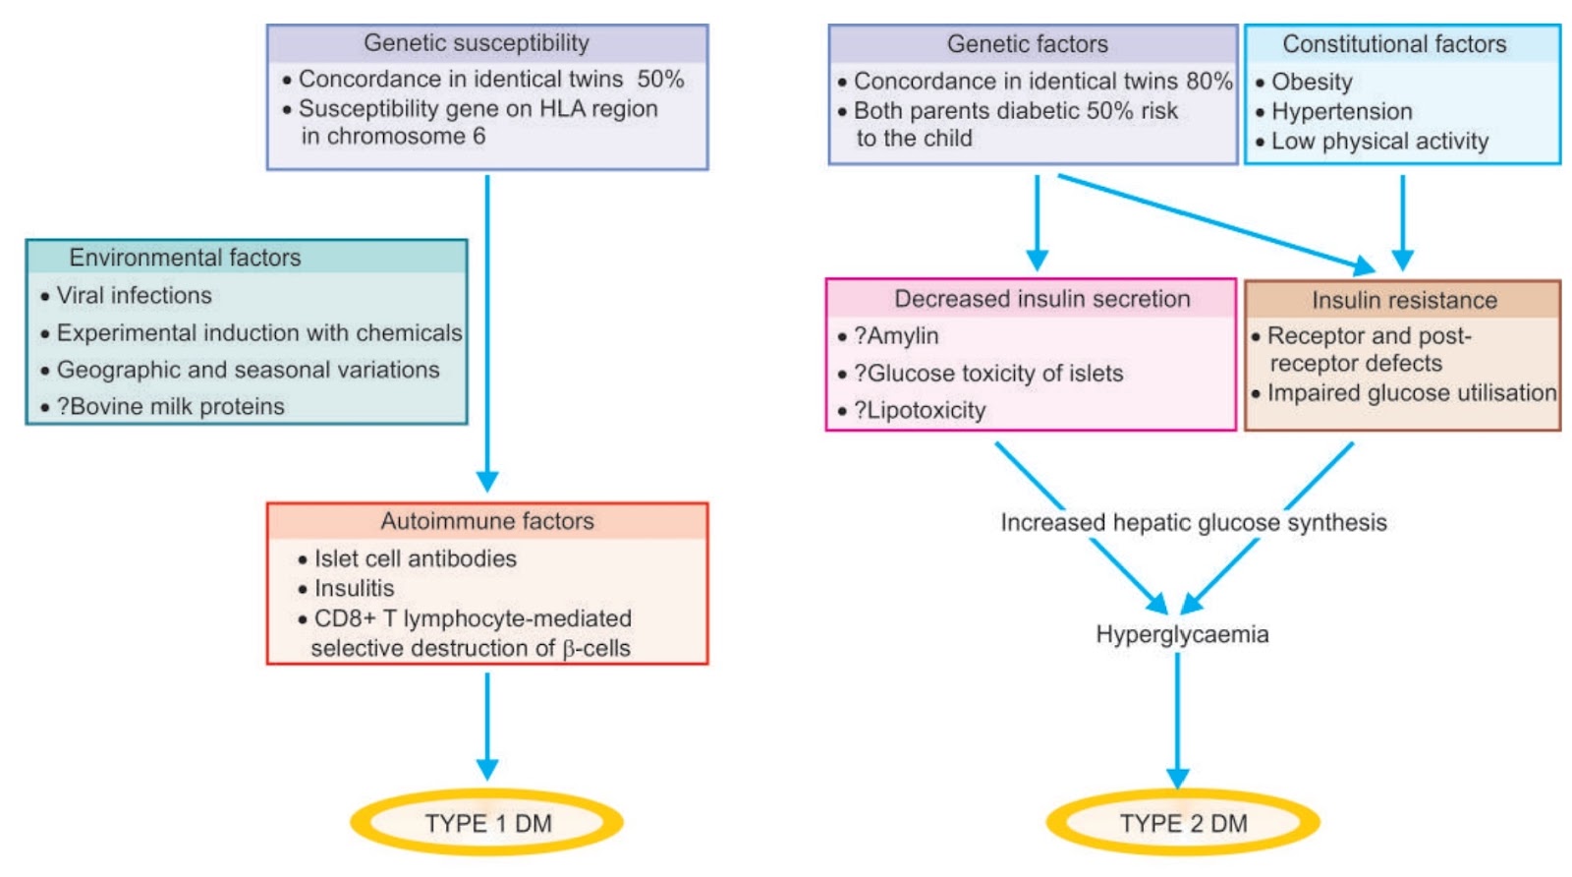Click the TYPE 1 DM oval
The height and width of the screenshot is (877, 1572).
point(487,823)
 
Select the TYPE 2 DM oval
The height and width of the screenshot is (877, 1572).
point(1183,823)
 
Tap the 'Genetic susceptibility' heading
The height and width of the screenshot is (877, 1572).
point(477,43)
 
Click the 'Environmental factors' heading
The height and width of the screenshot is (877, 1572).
point(185,258)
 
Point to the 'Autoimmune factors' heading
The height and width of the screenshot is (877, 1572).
point(487,521)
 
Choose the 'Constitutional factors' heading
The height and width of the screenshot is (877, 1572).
point(1394,44)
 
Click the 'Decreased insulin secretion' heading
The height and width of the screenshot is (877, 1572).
point(1041,299)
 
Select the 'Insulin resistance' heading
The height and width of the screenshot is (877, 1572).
point(1404,300)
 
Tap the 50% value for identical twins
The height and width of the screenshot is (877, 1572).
point(660,79)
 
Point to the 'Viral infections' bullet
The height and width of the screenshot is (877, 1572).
point(134,295)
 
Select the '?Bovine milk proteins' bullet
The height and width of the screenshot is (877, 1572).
point(170,406)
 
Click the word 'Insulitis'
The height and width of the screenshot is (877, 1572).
point(354,588)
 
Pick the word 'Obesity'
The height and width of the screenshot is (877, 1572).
point(1312,82)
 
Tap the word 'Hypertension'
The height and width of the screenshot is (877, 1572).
point(1342,111)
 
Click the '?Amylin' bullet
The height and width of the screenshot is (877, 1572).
point(896,336)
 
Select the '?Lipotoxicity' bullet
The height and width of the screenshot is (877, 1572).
point(920,410)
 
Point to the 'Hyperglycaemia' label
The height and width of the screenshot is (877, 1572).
point(1182,634)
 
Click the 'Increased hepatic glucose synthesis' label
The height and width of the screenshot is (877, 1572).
point(1194,522)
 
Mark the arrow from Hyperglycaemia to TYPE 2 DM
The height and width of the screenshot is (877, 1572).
point(1178,718)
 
